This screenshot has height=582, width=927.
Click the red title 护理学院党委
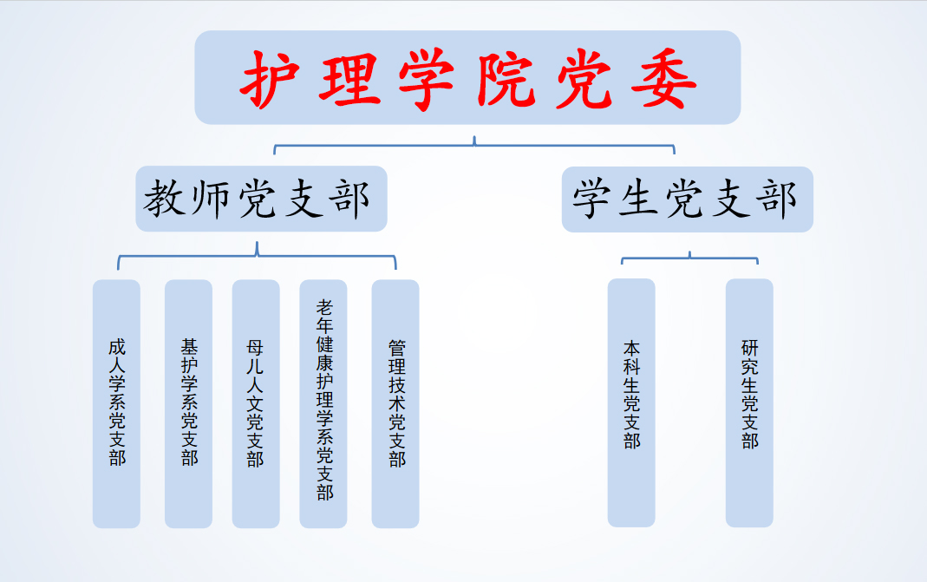point(467,78)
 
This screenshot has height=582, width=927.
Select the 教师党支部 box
point(260,199)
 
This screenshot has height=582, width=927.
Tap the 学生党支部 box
point(687,199)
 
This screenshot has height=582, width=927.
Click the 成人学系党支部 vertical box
point(116,403)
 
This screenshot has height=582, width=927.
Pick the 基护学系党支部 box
point(188,403)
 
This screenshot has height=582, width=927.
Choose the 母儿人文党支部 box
point(256,403)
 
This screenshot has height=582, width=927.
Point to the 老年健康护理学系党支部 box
point(323,403)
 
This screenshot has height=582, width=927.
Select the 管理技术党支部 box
point(395,403)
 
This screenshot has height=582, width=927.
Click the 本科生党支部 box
point(631,402)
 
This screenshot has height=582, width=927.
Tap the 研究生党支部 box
point(749,402)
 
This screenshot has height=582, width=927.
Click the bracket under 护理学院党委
point(474,145)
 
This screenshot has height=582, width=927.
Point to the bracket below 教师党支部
point(257,256)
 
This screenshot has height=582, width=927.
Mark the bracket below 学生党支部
point(689,258)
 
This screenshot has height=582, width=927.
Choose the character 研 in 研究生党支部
point(749,348)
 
